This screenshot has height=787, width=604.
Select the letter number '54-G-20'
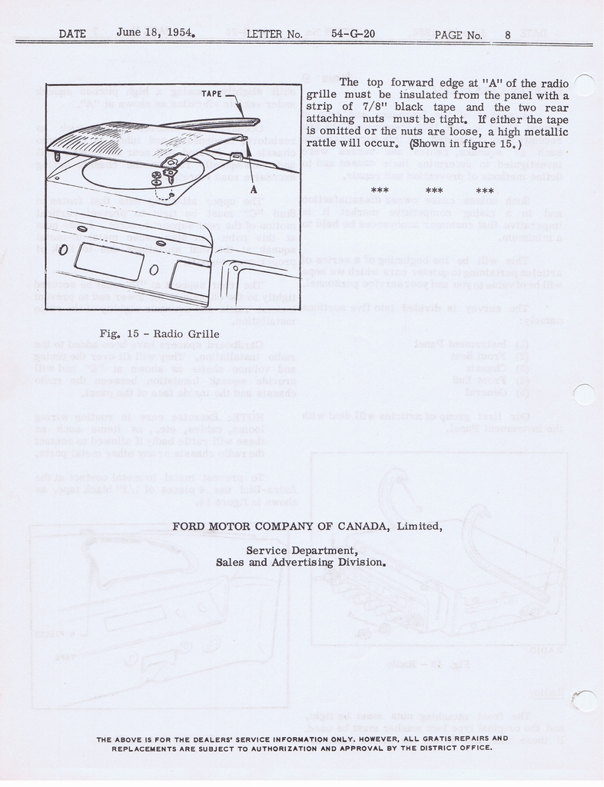pos(352,34)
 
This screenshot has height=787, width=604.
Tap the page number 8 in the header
pos(508,34)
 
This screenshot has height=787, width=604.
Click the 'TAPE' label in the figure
pos(212,94)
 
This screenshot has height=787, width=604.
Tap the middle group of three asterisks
pos(434,191)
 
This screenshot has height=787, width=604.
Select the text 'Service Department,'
pos(302,550)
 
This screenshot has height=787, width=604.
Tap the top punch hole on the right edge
pos(585,85)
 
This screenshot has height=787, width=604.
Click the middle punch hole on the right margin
pos(585,394)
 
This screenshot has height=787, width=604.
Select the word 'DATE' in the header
pos(72,34)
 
